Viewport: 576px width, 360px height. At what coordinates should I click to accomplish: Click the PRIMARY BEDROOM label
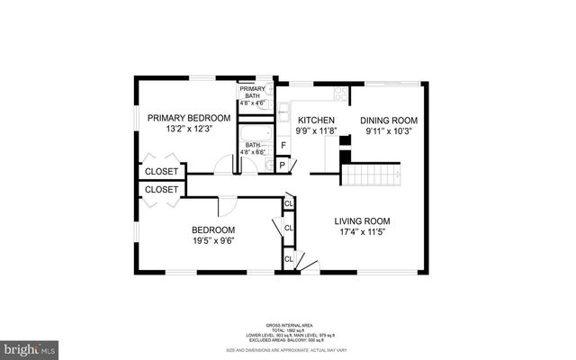pyautogui.click(x=189, y=118)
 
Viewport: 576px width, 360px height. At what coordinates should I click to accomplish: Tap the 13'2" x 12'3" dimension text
pyautogui.click(x=189, y=130)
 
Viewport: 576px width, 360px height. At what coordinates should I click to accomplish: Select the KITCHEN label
pyautogui.click(x=317, y=121)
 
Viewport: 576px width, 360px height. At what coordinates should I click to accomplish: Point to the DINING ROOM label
pyautogui.click(x=391, y=121)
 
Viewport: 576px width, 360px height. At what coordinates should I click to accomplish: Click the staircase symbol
pyautogui.click(x=372, y=174)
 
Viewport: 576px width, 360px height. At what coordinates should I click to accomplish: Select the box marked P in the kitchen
pyautogui.click(x=283, y=165)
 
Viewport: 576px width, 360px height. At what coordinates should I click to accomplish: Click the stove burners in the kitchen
pyautogui.click(x=340, y=92)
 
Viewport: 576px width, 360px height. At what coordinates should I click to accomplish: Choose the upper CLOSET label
pyautogui.click(x=162, y=171)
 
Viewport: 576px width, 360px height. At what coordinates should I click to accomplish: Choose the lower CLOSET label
pyautogui.click(x=162, y=190)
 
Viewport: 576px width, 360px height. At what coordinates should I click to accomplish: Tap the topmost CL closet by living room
pyautogui.click(x=289, y=203)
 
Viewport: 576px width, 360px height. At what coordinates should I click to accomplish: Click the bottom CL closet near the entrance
pyautogui.click(x=289, y=260)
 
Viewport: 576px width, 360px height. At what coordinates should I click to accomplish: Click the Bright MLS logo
pyautogui.click(x=30, y=346)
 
